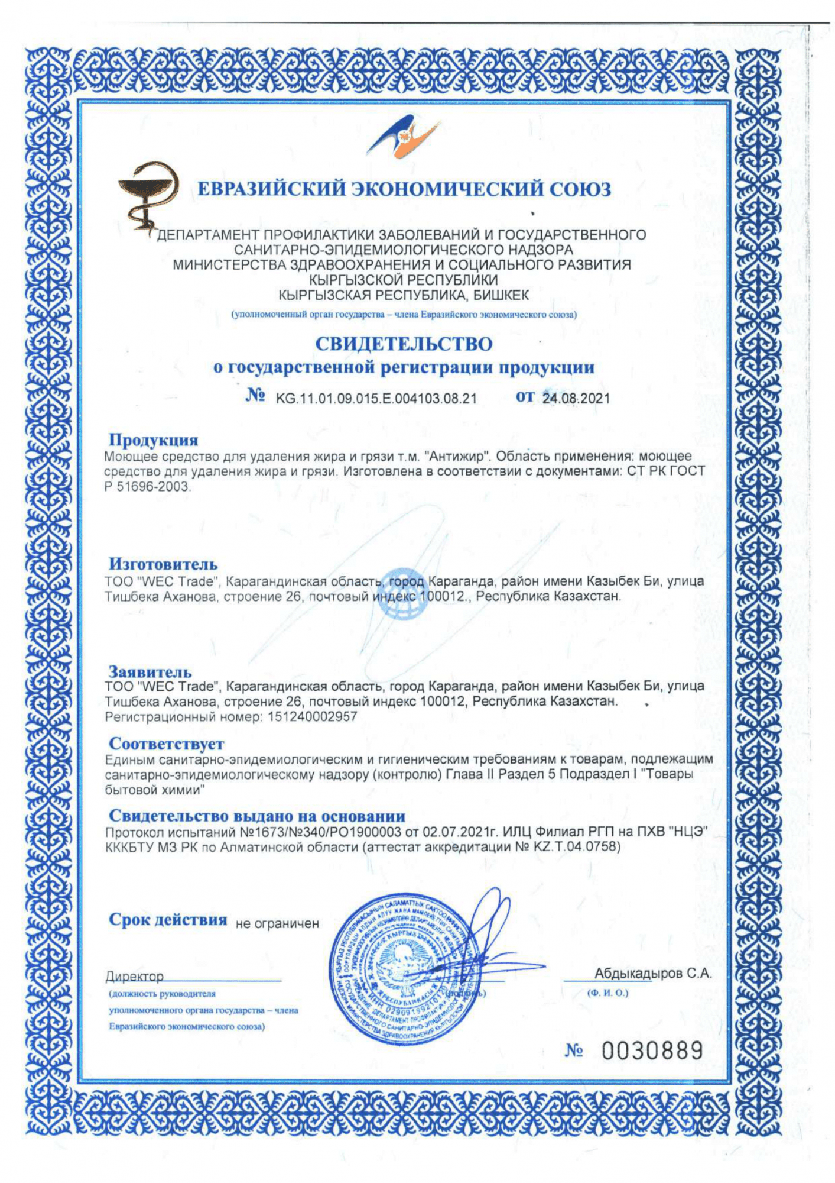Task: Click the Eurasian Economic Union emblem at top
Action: click(x=404, y=137)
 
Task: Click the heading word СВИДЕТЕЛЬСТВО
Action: click(x=404, y=344)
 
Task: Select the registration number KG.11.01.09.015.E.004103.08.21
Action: click(x=376, y=398)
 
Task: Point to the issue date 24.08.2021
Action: click(x=576, y=398)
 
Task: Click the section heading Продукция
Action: click(x=153, y=440)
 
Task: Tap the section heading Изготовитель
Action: click(x=163, y=564)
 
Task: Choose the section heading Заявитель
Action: click(x=150, y=672)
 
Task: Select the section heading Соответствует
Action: click(x=167, y=744)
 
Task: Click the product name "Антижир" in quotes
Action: click(x=459, y=457)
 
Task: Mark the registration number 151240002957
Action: click(x=313, y=717)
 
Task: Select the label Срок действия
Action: click(x=168, y=920)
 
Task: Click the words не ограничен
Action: click(x=277, y=923)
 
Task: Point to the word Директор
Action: click(x=135, y=976)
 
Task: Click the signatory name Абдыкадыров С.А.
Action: click(x=652, y=974)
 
